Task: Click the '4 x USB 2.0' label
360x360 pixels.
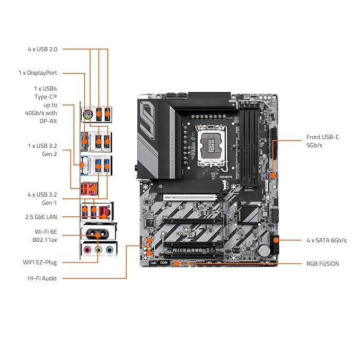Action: coord(42,49)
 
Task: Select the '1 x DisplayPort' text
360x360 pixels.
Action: coord(38,73)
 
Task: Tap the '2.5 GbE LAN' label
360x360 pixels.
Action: coord(41,217)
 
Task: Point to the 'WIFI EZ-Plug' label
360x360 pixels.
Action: coord(40,262)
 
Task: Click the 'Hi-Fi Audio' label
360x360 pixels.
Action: coord(42,278)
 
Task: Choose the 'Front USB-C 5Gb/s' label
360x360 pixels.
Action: coord(322,141)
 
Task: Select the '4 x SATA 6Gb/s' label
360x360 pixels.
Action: coord(327,240)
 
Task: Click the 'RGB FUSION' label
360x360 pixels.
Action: coord(322,264)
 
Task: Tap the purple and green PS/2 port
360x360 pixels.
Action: coord(87,114)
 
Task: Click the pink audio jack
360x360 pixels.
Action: coord(87,249)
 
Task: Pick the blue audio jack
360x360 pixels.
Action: coord(110,250)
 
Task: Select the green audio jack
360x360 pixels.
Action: coord(99,250)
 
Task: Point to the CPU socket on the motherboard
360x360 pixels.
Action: coord(211,146)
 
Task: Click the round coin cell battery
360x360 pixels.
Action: coord(264,249)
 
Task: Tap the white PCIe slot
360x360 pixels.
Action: coord(190,197)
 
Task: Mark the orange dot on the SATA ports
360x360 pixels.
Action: coord(276,240)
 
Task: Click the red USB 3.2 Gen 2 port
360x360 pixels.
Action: coord(89,189)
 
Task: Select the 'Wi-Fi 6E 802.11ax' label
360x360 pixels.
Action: coord(45,236)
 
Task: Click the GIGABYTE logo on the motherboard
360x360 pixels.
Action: coord(226,177)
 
